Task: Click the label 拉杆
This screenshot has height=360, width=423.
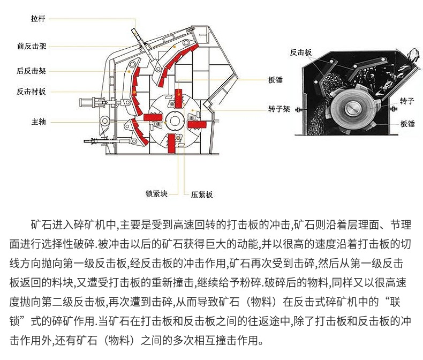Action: click(38, 19)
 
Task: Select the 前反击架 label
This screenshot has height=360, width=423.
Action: click(32, 46)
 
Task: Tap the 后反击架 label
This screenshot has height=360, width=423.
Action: click(32, 71)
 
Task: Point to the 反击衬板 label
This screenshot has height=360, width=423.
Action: click(32, 92)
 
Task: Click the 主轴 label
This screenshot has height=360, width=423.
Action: click(38, 122)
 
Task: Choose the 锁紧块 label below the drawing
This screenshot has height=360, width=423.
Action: click(156, 193)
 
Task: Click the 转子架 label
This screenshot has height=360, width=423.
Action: click(279, 109)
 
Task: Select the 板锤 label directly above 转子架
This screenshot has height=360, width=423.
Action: click(276, 80)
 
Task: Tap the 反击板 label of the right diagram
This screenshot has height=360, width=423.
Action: click(300, 52)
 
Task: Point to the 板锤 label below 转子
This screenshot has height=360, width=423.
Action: click(407, 124)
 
